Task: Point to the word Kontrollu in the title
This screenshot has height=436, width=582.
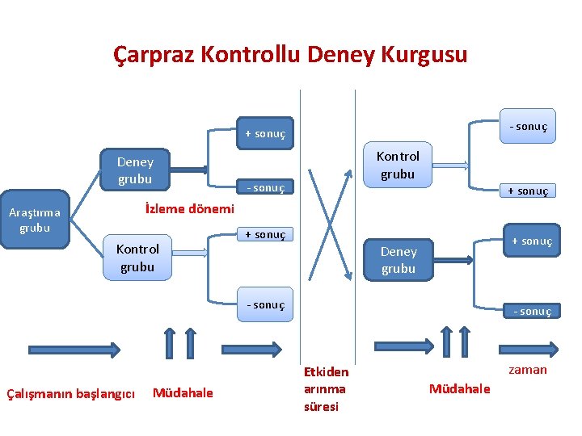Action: click(x=252, y=55)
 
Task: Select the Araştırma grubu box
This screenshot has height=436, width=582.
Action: click(x=35, y=220)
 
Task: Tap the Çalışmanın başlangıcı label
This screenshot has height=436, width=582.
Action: click(x=70, y=393)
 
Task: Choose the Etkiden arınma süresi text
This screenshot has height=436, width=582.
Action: click(x=326, y=388)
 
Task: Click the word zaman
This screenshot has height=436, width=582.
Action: click(x=528, y=370)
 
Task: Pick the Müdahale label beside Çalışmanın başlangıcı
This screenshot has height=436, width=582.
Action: click(x=183, y=392)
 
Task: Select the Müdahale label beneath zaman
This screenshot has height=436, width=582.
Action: click(x=459, y=388)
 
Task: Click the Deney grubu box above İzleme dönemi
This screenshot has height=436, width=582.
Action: click(x=135, y=170)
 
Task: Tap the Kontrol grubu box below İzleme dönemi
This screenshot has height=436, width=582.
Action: click(x=137, y=257)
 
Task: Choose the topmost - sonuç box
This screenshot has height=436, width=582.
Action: click(x=527, y=126)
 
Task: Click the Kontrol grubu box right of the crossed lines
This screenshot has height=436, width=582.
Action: click(x=398, y=165)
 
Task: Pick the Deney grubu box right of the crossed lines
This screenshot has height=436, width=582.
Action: click(x=398, y=260)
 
